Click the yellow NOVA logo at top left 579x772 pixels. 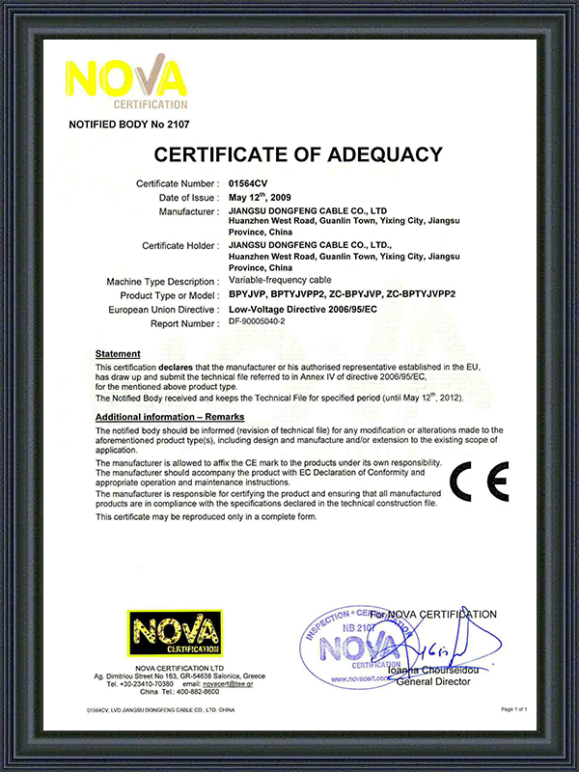pos(124,83)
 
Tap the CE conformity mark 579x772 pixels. pos(480,482)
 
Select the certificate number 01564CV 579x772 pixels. pos(253,182)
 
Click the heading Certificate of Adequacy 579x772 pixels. pos(298,154)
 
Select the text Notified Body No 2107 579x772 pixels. pos(126,124)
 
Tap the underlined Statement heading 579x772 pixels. pos(118,354)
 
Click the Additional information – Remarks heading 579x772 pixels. pos(169,414)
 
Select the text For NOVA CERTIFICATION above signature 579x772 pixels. pos(434,614)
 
